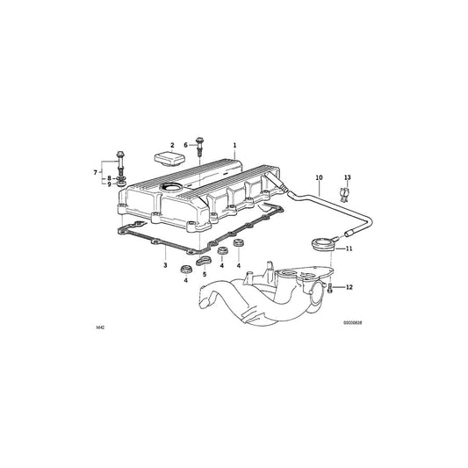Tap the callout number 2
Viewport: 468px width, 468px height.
(172, 144)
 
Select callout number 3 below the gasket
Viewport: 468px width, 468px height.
(164, 264)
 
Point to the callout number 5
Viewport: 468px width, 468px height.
(204, 275)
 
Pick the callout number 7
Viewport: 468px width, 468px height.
(96, 171)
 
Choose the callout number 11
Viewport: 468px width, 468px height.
(349, 249)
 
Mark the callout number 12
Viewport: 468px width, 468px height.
(349, 287)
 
